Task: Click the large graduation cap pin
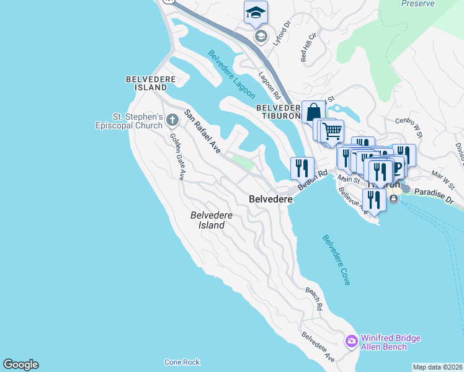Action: (x=256, y=12)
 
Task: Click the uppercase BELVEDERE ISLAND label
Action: (x=150, y=84)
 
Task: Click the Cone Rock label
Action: (x=182, y=362)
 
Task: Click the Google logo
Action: (x=20, y=365)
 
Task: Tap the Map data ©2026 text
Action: (x=437, y=367)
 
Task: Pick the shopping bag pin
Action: (x=313, y=112)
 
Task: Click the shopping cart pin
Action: (x=332, y=130)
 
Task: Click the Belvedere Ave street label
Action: (x=318, y=348)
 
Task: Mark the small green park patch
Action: (x=243, y=163)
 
